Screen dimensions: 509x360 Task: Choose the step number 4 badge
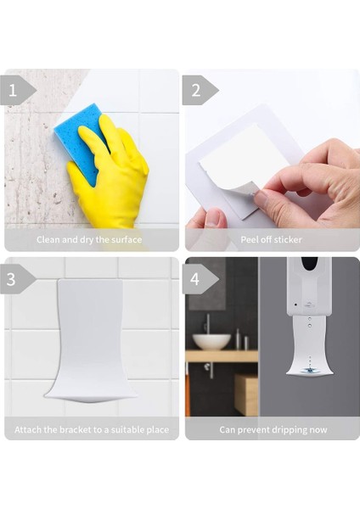pyautogui.click(x=197, y=277)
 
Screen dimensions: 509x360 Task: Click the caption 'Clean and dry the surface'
pyautogui.click(x=89, y=240)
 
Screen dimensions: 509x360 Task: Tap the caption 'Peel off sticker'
pyautogui.click(x=270, y=240)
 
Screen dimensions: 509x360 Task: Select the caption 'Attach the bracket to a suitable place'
pyautogui.click(x=91, y=429)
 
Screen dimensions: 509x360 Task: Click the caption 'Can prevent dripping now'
pyautogui.click(x=273, y=429)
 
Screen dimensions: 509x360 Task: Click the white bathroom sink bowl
pyautogui.click(x=211, y=341)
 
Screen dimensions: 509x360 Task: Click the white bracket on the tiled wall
pyautogui.click(x=90, y=339)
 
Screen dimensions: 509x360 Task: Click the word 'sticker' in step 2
pyautogui.click(x=289, y=240)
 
